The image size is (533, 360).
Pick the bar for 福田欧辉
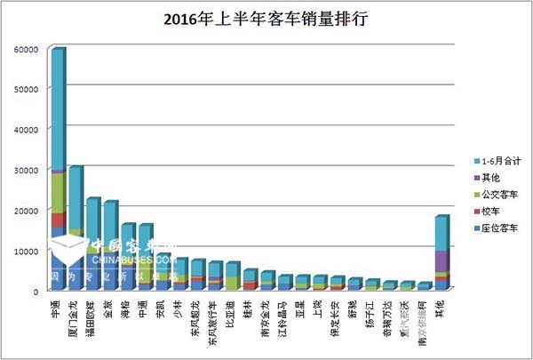coord(92,244)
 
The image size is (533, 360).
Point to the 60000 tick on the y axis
coord(25,48)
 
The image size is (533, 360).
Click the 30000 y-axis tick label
coord(25,169)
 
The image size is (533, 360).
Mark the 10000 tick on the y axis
coord(25,250)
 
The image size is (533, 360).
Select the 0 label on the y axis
coord(36,291)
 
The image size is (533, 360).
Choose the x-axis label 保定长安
coord(337,314)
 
